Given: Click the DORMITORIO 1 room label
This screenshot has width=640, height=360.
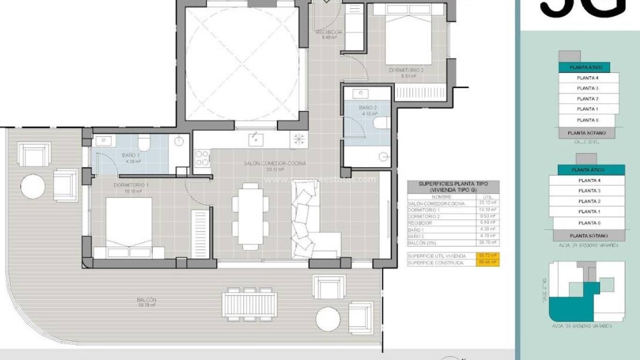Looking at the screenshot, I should pos(131,185).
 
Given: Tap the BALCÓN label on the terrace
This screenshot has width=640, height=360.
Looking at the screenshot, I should pos(146,300).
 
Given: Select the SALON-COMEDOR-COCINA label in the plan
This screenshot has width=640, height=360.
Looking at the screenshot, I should pos(275,164).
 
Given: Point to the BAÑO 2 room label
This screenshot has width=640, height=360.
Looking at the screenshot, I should pos(368,108).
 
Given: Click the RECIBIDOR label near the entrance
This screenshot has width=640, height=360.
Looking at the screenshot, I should pos(329,32).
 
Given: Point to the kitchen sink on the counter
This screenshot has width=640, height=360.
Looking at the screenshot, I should pos(255,139).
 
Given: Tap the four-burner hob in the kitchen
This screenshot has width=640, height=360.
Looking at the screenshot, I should pos(202,157).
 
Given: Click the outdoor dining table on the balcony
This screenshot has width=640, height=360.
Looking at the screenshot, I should pos(249,304).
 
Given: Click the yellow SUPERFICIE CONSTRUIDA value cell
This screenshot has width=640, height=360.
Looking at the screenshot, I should pos(488,263).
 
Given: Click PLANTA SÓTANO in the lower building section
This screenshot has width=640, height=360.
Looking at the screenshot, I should pos(589,236).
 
